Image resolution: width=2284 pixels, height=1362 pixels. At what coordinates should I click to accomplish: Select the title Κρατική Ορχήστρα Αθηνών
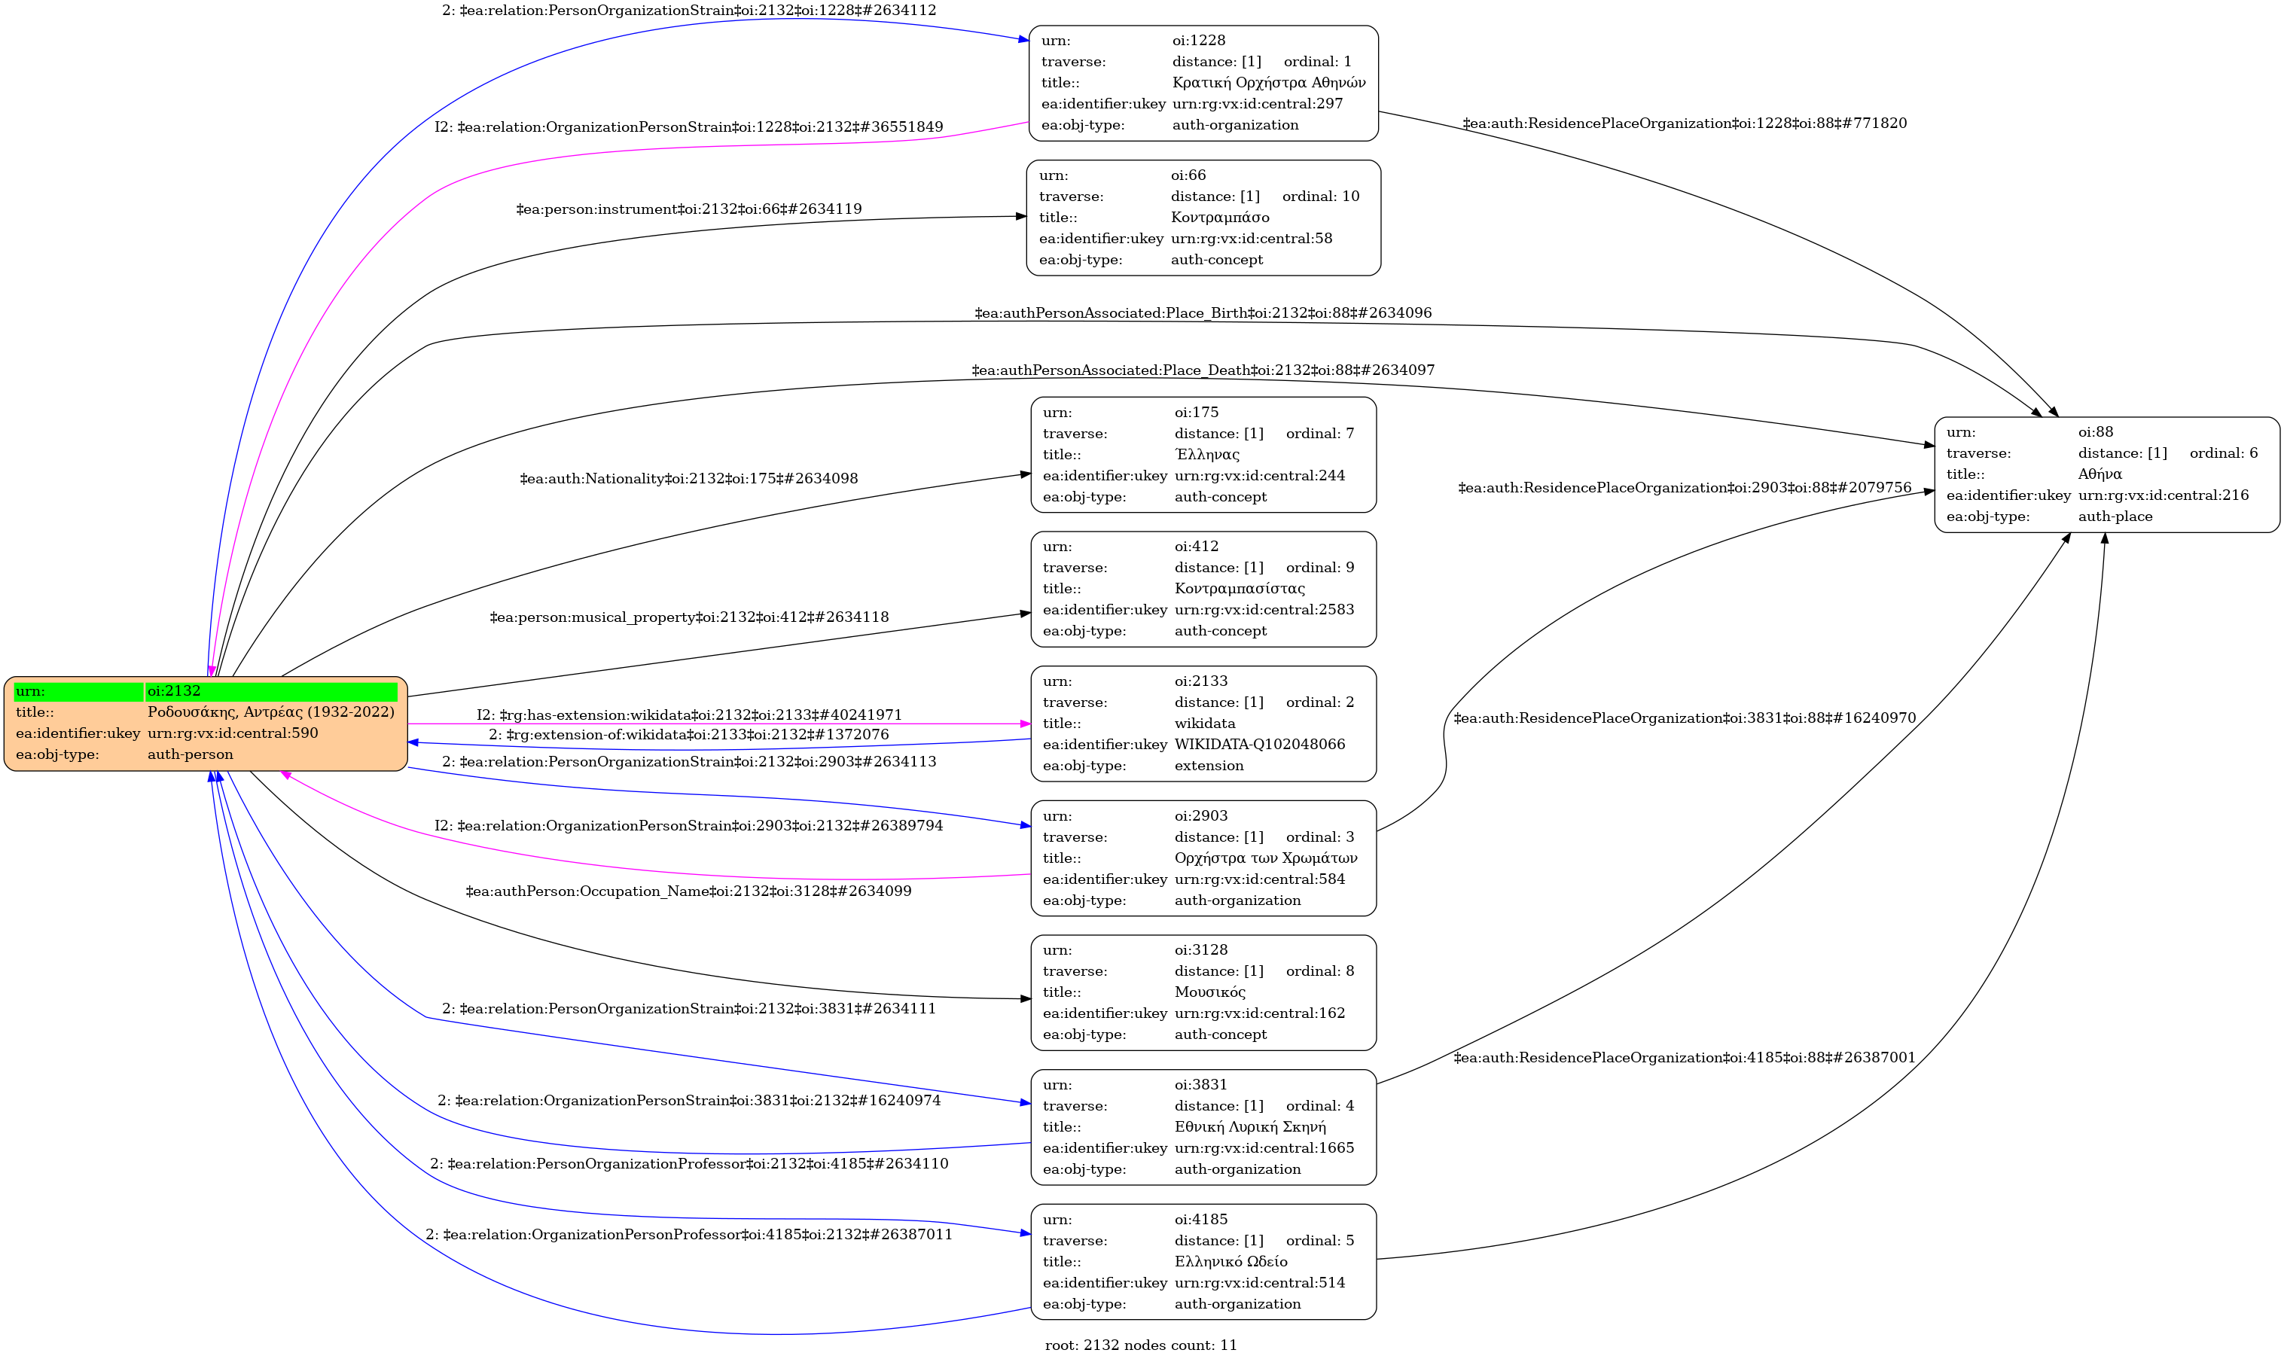point(1269,83)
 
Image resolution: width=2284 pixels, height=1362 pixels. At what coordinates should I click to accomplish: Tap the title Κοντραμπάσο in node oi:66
point(1220,218)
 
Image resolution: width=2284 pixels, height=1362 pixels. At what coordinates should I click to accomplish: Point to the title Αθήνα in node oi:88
point(2100,474)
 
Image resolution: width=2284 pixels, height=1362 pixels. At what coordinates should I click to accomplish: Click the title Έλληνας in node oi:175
point(1206,454)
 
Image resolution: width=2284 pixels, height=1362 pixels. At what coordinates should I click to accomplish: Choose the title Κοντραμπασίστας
point(1240,588)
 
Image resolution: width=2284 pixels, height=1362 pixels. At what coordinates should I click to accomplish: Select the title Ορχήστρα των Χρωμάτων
point(1266,858)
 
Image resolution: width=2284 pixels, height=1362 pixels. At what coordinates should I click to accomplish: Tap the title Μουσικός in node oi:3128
point(1210,992)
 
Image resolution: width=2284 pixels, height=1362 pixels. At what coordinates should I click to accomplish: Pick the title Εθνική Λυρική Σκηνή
point(1250,1127)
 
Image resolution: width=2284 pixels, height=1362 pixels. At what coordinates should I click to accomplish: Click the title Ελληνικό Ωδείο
point(1231,1262)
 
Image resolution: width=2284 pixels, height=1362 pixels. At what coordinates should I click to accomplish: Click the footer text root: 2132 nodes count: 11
point(1141,1345)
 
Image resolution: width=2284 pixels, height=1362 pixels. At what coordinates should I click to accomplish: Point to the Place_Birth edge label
point(1203,313)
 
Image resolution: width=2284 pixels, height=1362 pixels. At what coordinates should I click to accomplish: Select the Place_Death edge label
point(1203,370)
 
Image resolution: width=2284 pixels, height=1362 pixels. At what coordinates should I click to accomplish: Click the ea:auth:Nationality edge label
point(688,479)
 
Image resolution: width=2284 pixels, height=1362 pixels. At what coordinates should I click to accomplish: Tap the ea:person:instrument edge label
point(688,209)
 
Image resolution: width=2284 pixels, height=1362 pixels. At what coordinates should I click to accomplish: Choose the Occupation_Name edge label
point(688,891)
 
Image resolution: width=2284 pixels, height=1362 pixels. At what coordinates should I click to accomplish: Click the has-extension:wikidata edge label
point(688,715)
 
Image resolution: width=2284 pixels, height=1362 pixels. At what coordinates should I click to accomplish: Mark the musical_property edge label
point(688,617)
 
